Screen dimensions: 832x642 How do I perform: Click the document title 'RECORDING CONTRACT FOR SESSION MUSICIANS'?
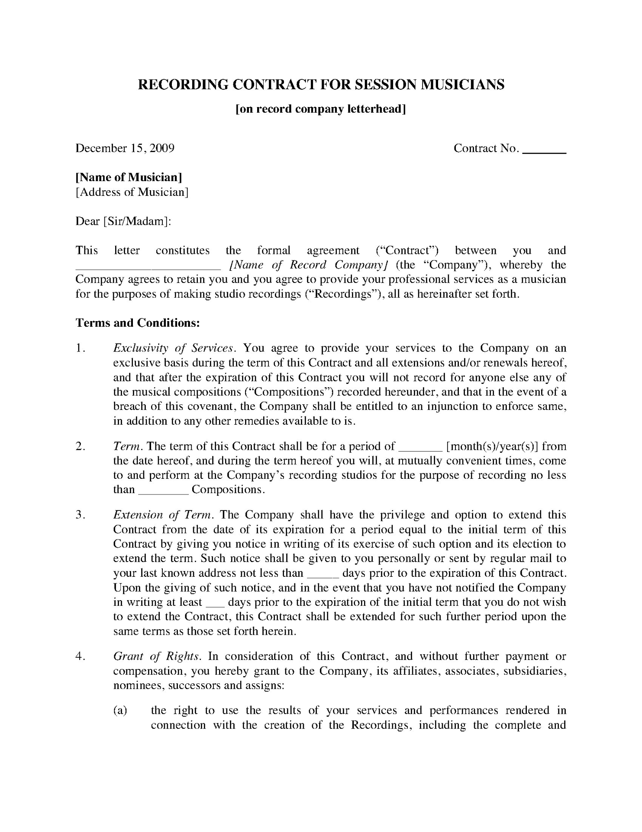(321, 84)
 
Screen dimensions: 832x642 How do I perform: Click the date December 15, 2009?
(125, 149)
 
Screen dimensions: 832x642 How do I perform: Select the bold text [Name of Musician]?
(129, 177)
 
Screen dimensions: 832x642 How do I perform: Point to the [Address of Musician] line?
(132, 192)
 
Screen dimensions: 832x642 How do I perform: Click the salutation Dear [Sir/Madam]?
(123, 221)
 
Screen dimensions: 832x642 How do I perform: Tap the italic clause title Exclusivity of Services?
(174, 348)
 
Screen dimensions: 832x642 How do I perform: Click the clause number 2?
(79, 446)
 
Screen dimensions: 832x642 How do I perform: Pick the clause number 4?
(79, 656)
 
